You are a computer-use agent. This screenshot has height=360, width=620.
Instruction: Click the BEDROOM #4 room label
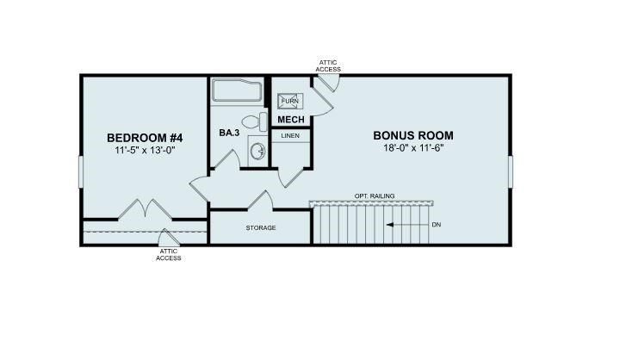tap(145, 137)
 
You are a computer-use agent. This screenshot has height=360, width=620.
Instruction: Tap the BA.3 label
tap(228, 134)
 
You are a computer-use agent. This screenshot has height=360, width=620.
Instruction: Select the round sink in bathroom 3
tap(257, 152)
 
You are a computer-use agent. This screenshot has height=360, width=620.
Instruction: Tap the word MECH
tap(290, 120)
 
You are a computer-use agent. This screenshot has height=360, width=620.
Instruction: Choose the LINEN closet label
tap(290, 136)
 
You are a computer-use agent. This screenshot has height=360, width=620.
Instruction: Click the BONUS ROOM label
tap(412, 135)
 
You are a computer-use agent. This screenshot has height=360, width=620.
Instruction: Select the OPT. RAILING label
tap(374, 196)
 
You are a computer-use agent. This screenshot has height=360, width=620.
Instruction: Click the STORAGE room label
tap(260, 227)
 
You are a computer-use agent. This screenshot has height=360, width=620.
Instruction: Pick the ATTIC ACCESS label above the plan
tap(329, 65)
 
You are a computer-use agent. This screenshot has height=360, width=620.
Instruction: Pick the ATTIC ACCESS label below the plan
tap(169, 254)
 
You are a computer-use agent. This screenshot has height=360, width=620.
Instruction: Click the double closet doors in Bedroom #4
tap(143, 209)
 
